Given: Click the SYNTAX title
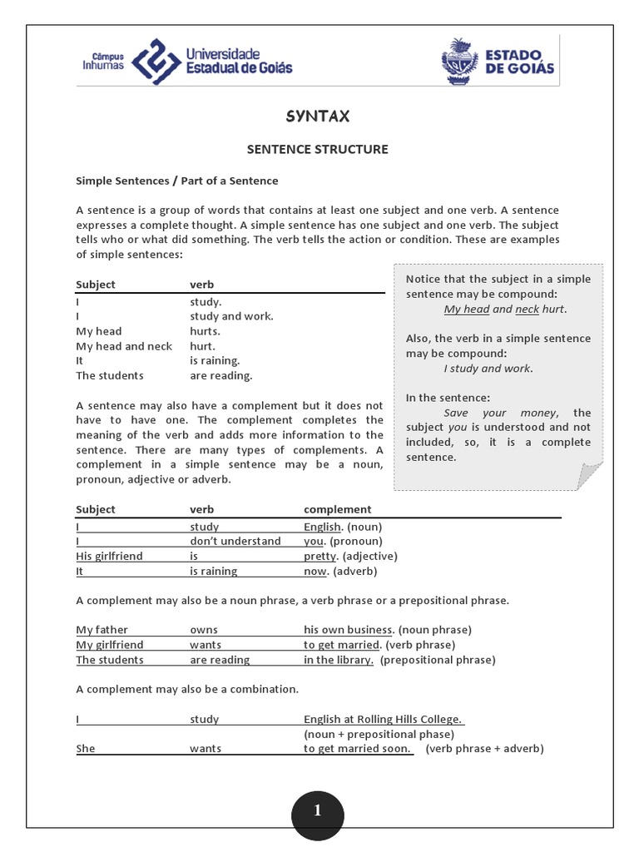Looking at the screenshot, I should point(317,116).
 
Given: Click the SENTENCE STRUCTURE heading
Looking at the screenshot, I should point(317,150).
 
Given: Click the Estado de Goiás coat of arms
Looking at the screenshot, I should point(460,61).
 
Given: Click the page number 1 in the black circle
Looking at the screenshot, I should point(318,811).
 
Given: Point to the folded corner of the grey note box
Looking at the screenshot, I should point(589,477).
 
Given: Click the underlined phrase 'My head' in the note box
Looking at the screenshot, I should point(466,310).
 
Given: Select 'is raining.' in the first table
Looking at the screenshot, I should point(215,361).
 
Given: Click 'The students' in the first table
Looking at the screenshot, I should point(110,376).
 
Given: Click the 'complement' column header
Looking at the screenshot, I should point(338,510).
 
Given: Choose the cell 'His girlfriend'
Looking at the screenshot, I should point(110,557).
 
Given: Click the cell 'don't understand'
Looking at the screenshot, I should point(235,542).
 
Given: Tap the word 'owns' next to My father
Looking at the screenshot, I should point(204,630).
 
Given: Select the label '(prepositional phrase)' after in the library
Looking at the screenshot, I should point(438,660).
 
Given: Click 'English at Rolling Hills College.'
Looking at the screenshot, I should point(383,720).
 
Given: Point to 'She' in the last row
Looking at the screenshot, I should point(86,749).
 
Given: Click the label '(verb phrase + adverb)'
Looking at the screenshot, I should point(484,749).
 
